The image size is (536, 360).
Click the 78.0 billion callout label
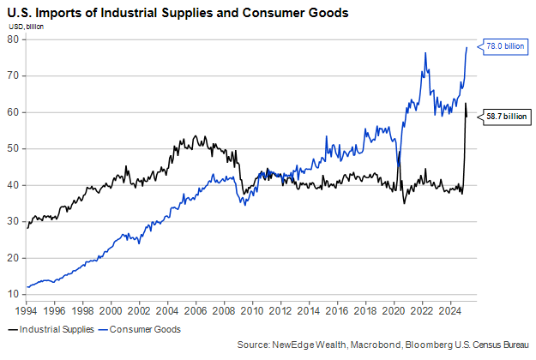coord(504,45)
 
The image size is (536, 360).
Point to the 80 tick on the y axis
coord(15,39)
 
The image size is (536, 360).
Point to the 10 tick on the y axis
coord(15,295)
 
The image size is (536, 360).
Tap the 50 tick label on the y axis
coord(15,149)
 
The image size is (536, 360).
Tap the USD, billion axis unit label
coord(27,27)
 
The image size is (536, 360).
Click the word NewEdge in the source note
coord(298,345)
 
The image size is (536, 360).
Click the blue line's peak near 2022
coord(425,53)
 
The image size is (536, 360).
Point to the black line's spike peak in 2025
coord(465,103)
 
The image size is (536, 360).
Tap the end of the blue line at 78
coord(467,47)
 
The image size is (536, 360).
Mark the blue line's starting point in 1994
coord(27,287)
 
